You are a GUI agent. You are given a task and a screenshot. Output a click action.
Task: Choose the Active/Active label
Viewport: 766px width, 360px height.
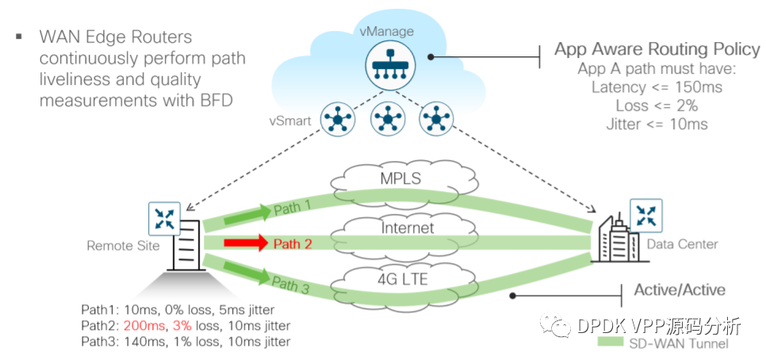680,290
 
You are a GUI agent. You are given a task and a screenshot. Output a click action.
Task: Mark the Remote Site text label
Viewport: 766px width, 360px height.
123,246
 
